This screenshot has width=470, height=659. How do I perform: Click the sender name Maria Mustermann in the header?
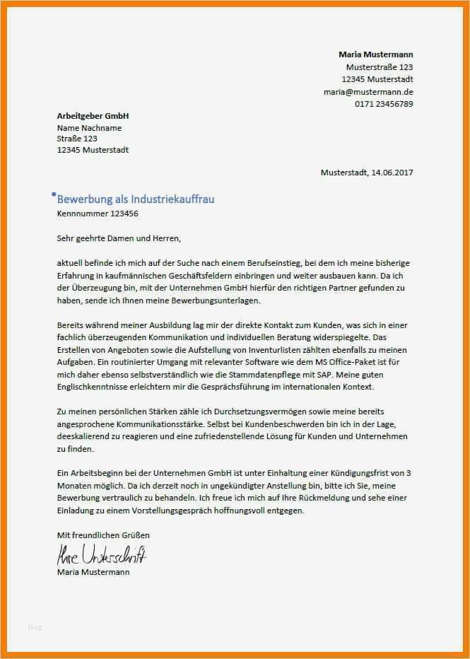[376, 54]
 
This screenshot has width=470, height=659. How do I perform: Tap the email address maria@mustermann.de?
[368, 92]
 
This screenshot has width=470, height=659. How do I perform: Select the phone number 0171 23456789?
[384, 104]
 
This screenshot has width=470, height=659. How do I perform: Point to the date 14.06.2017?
[390, 173]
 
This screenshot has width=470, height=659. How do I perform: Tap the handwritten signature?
[102, 554]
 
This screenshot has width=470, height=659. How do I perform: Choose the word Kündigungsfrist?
[356, 473]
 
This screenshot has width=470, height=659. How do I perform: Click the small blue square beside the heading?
[54, 194]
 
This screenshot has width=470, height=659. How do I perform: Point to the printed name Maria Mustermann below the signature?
[93, 572]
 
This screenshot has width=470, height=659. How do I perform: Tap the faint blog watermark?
[35, 626]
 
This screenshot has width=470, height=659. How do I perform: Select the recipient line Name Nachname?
[89, 128]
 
